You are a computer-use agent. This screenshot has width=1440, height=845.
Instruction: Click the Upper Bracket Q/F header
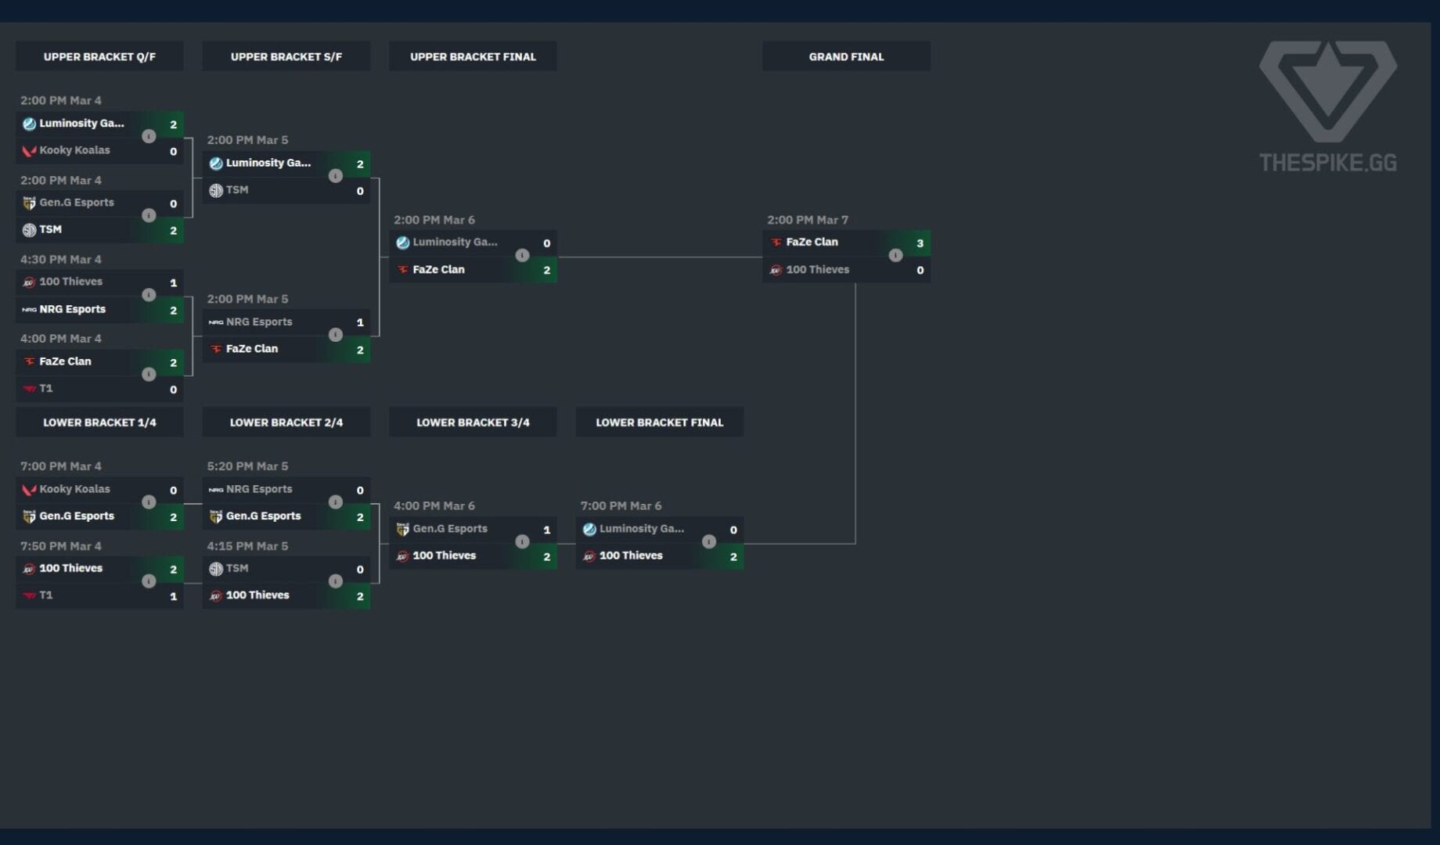click(99, 56)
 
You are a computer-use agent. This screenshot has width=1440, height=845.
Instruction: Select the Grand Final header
click(846, 56)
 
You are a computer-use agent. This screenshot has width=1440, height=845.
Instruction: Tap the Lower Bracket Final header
click(659, 422)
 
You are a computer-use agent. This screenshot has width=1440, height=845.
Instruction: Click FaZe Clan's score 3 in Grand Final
click(920, 243)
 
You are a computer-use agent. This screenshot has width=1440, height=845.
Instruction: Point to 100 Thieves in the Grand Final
click(817, 270)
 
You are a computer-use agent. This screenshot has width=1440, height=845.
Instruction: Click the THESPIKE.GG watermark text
click(1327, 163)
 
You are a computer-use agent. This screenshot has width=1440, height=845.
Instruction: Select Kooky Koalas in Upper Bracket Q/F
click(74, 150)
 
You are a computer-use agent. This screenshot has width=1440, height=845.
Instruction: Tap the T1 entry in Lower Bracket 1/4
click(46, 595)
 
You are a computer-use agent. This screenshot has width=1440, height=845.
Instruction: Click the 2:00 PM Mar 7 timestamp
click(808, 220)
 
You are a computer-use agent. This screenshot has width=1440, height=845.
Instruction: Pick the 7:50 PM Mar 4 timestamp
click(61, 546)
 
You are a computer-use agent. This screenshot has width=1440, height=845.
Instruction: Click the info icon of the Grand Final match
click(895, 256)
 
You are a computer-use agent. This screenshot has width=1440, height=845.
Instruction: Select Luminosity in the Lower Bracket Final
click(641, 529)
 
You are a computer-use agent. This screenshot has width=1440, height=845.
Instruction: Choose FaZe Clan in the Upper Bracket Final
click(438, 270)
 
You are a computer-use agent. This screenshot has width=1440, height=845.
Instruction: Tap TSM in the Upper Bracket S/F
click(236, 190)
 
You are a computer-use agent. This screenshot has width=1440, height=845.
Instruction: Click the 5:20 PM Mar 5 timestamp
click(247, 466)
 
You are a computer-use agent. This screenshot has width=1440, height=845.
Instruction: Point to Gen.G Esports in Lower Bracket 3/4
click(449, 529)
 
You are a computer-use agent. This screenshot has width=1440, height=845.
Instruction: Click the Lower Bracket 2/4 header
click(286, 422)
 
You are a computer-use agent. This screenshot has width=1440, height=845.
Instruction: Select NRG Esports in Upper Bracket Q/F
click(72, 310)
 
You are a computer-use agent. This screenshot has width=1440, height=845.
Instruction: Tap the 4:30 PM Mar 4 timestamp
click(61, 260)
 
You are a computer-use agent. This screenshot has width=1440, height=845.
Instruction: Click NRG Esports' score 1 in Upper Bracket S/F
click(360, 322)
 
